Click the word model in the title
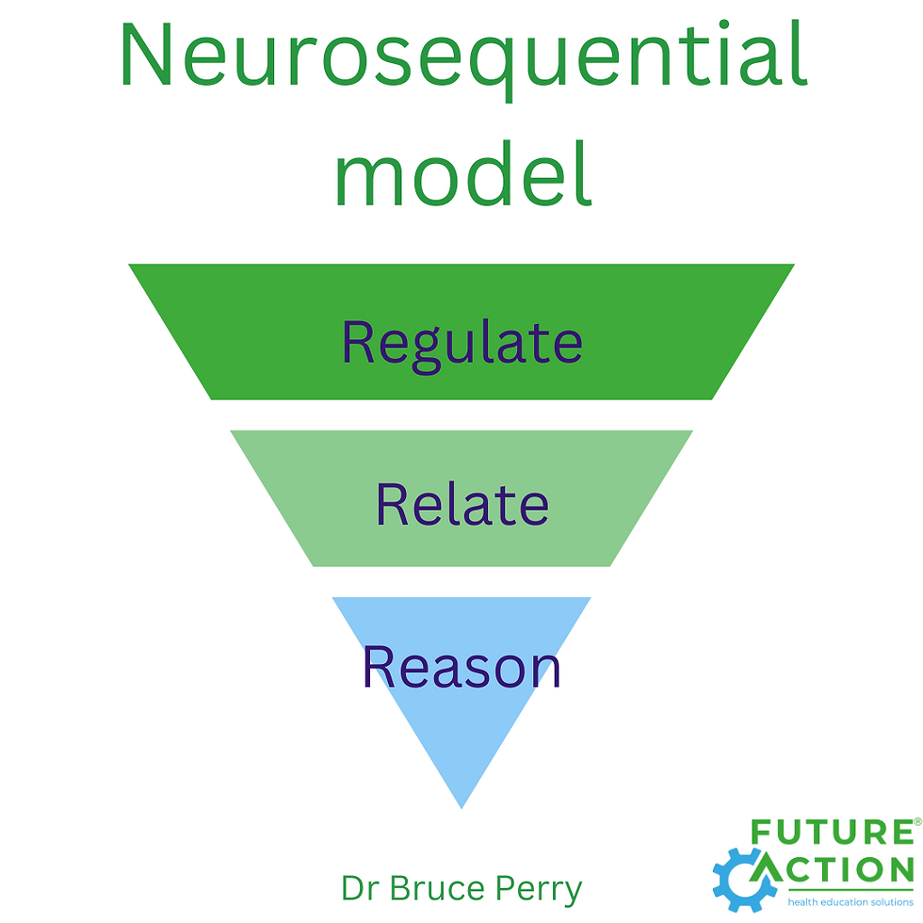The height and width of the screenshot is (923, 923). pyautogui.click(x=463, y=174)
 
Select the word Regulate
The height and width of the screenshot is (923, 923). pyautogui.click(x=461, y=344)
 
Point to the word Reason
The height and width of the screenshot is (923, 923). pyautogui.click(x=461, y=666)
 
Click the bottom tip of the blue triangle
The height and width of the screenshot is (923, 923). pyautogui.click(x=461, y=807)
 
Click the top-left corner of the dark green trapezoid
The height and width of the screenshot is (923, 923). pyautogui.click(x=130, y=265)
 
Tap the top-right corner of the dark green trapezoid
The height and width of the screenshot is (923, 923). pyautogui.click(x=794, y=265)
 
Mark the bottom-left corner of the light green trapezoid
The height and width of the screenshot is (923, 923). pyautogui.click(x=313, y=565)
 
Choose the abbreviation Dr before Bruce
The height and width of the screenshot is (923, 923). pyautogui.click(x=359, y=888)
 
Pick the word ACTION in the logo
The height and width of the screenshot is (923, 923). pyautogui.click(x=843, y=868)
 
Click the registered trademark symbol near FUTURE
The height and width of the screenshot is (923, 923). pyautogui.click(x=917, y=822)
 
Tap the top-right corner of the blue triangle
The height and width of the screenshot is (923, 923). pyautogui.click(x=591, y=598)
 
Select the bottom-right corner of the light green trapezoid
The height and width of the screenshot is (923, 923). pyautogui.click(x=610, y=565)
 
